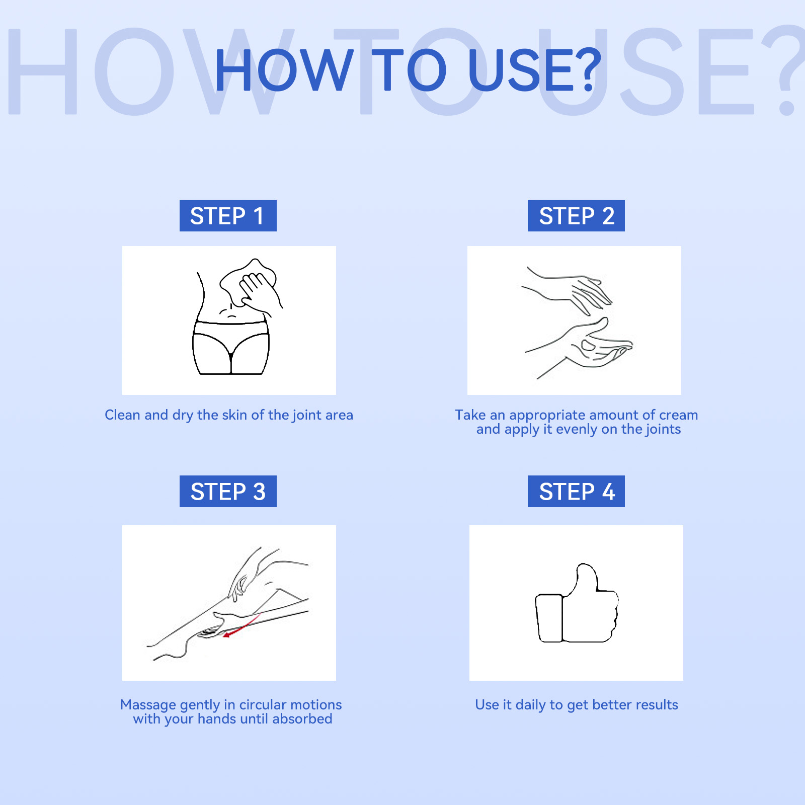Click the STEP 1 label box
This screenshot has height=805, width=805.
tap(228, 215)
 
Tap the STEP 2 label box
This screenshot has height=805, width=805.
tap(576, 215)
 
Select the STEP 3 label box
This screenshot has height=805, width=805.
tap(228, 491)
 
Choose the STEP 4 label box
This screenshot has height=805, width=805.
tap(576, 491)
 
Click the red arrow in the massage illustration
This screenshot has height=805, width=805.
tap(242, 625)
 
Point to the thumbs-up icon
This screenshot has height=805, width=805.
tap(577, 603)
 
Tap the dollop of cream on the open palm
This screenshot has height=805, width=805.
tap(588, 345)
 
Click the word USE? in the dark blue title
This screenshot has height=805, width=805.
tap(534, 70)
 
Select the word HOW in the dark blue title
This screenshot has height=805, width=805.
tap(284, 70)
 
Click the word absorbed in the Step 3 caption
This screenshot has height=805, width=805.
tap(302, 719)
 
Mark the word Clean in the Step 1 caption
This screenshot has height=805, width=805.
tap(122, 415)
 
